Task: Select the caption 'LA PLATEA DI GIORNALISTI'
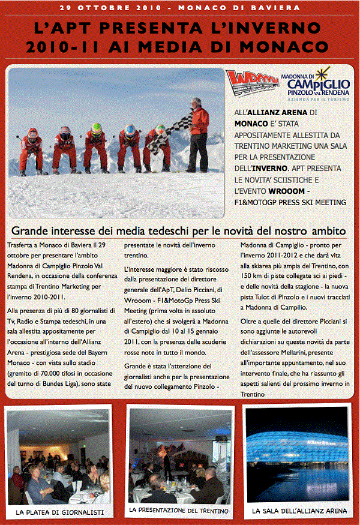click(x=60, y=512)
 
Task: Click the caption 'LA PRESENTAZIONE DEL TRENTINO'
click(x=179, y=511)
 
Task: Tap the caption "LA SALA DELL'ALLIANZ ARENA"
click(x=299, y=512)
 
